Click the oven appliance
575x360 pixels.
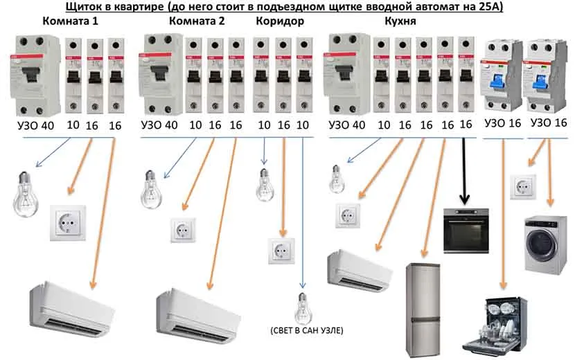[x=466, y=231]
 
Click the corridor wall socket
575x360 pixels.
[x=281, y=251]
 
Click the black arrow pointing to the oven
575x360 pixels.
[x=464, y=172]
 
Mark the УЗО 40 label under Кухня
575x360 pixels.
[x=347, y=125]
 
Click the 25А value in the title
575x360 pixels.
[x=490, y=6]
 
